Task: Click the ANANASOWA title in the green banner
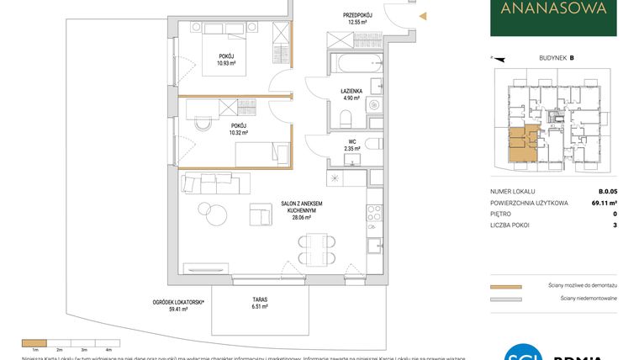pyautogui.click(x=552, y=11)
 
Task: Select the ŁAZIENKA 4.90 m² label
pyautogui.click(x=351, y=94)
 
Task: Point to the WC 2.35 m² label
pyautogui.click(x=352, y=145)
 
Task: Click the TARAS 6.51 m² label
pyautogui.click(x=259, y=303)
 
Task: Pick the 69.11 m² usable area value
pyautogui.click(x=605, y=203)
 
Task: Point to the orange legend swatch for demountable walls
pyautogui.click(x=505, y=286)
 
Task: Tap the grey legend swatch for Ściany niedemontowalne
pyautogui.click(x=505, y=299)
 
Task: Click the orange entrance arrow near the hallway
pyautogui.click(x=424, y=15)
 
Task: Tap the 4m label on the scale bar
pyautogui.click(x=108, y=348)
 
